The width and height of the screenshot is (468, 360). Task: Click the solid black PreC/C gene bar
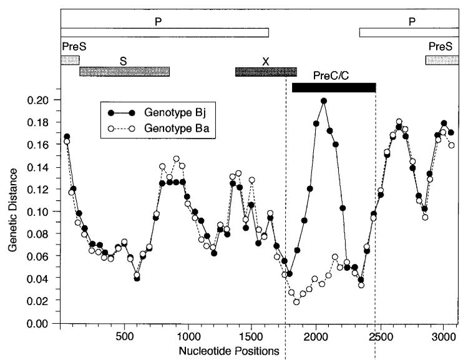click(x=333, y=87)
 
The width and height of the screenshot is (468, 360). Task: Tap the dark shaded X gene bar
click(x=266, y=72)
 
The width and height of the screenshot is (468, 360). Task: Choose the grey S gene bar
click(x=124, y=71)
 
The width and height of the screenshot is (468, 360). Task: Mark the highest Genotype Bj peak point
click(x=324, y=101)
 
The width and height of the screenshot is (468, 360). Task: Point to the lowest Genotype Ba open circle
click(x=296, y=302)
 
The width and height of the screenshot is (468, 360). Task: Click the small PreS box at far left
click(x=69, y=60)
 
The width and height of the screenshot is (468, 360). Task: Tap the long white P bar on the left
click(x=164, y=32)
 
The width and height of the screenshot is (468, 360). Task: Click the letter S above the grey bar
click(x=123, y=61)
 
